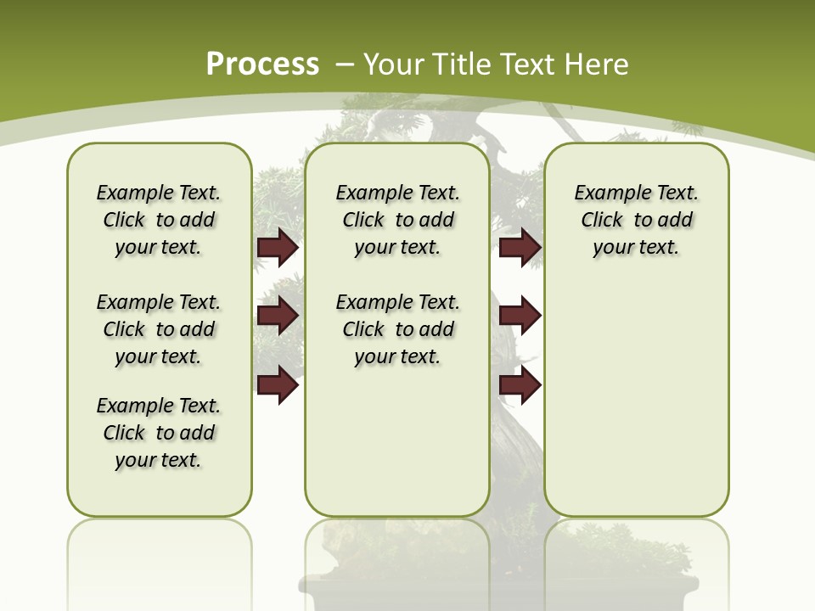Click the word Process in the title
pos(262,64)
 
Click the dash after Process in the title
pos(343,65)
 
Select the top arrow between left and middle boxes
pos(278,247)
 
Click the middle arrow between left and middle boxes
pos(278,316)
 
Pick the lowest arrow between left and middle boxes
pos(278,385)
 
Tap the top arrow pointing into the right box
pos(520,247)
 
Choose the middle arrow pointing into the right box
pos(520,316)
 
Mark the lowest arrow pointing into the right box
pos(520,385)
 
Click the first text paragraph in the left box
pos(159,220)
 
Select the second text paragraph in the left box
pos(159,329)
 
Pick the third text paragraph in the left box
pos(159,433)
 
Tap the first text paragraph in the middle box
pos(397,220)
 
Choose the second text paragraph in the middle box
pos(397,329)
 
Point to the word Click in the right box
pos(602,221)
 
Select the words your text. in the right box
pos(636,248)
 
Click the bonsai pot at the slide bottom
pos(501,594)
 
